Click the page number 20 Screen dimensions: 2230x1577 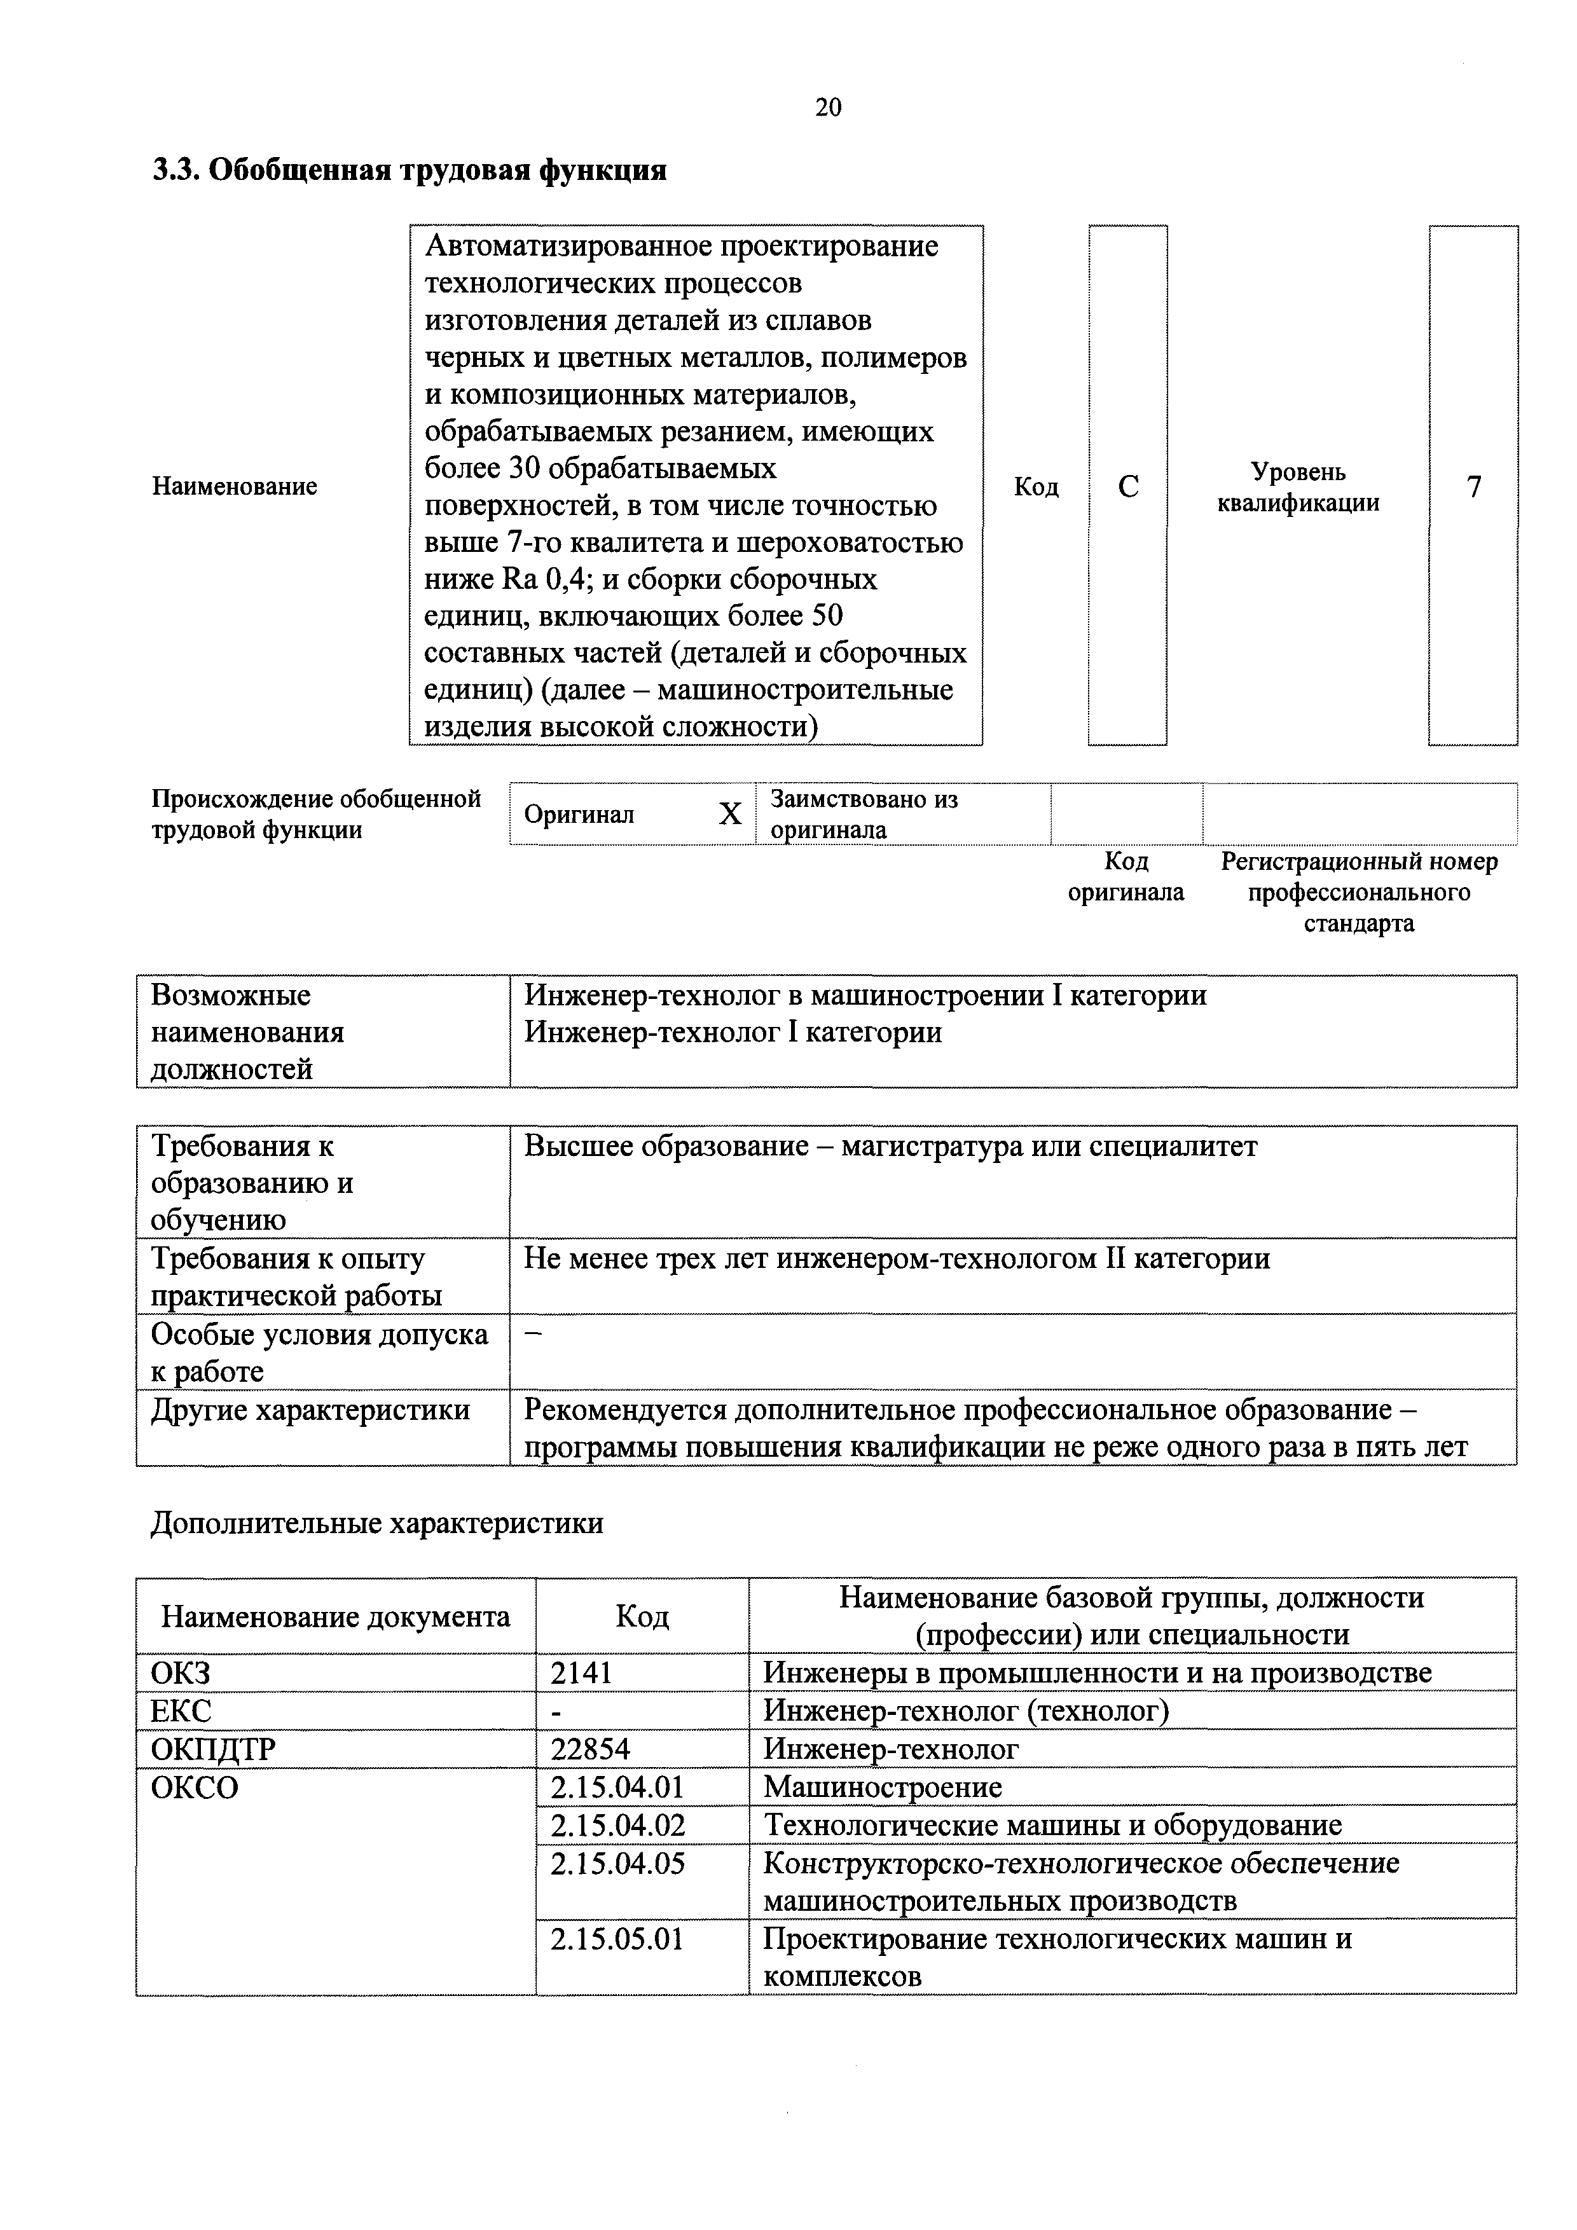pos(829,107)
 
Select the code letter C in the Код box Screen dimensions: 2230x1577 pos(1127,486)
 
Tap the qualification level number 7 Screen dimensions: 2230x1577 pos(1473,486)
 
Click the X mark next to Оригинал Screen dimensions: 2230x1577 pos(729,814)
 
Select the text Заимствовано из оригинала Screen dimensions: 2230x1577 pos(864,814)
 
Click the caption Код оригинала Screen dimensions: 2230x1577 pos(1126,877)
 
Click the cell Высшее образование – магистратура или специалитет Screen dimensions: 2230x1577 pos(890,1147)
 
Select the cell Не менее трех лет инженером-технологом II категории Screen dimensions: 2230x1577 pos(897,1260)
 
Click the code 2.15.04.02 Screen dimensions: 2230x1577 pos(617,1825)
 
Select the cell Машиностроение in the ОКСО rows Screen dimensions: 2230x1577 pos(882,1787)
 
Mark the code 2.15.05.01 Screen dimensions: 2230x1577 pos(617,1939)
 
